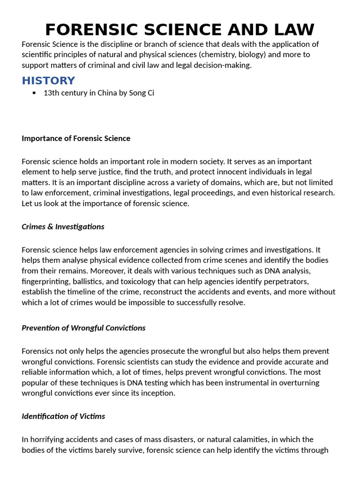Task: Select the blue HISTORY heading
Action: (x=48, y=80)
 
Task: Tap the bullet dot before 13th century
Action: (x=34, y=93)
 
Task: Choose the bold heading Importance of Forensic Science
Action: (x=76, y=138)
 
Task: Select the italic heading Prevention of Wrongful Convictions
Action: (x=83, y=328)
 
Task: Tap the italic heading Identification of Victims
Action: (x=63, y=416)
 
